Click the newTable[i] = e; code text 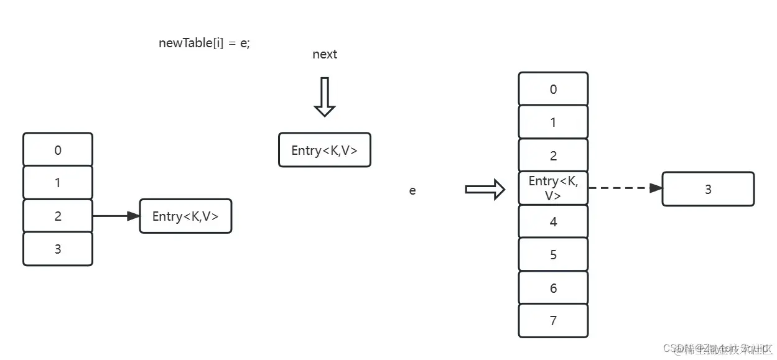tap(204, 44)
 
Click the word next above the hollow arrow tap(324, 55)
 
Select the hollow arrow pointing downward tap(324, 97)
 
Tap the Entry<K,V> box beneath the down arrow tap(324, 150)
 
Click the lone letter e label tap(412, 191)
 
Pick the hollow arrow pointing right tap(485, 189)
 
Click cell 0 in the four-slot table tap(58, 150)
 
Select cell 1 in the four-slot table tap(58, 183)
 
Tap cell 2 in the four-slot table tap(58, 216)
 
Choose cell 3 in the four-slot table tap(58, 249)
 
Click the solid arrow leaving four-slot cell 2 tap(116, 216)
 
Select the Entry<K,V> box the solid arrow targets tap(185, 216)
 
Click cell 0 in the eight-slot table tap(553, 89)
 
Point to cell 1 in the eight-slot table tap(553, 122)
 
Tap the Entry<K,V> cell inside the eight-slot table tap(553, 188)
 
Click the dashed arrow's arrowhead tap(656, 188)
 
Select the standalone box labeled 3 tap(707, 189)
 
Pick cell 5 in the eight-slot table tap(553, 255)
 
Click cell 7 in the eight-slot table tap(553, 321)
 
